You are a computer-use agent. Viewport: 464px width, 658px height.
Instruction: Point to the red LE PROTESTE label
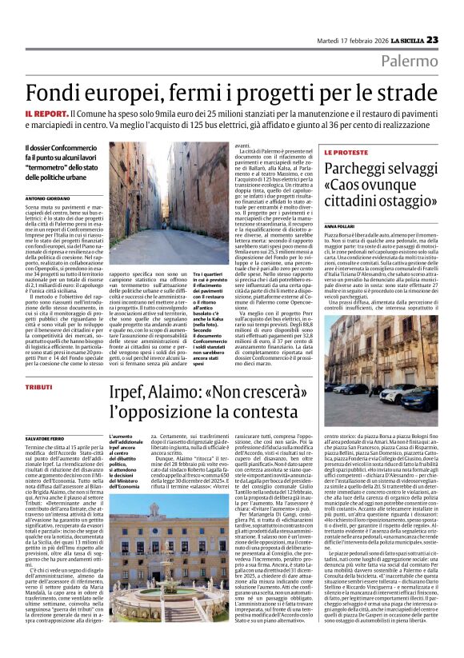coord(346,152)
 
